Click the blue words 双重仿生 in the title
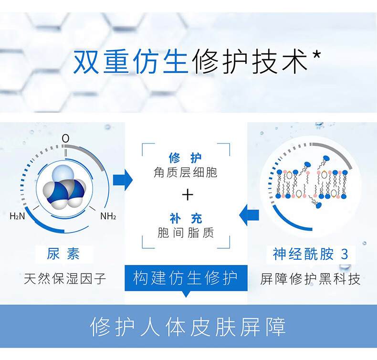coord(130,62)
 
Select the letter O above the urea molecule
coord(65,138)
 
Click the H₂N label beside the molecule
coord(17,216)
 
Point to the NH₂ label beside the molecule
coord(108,216)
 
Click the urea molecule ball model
coord(64,187)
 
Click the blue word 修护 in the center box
coord(185,158)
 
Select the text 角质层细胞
coord(186,172)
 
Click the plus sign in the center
coord(188,195)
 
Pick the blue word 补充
coord(186,219)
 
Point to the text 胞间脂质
coord(186,233)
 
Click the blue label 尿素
coord(63,254)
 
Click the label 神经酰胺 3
coord(310,254)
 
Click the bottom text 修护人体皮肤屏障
coord(188,327)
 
